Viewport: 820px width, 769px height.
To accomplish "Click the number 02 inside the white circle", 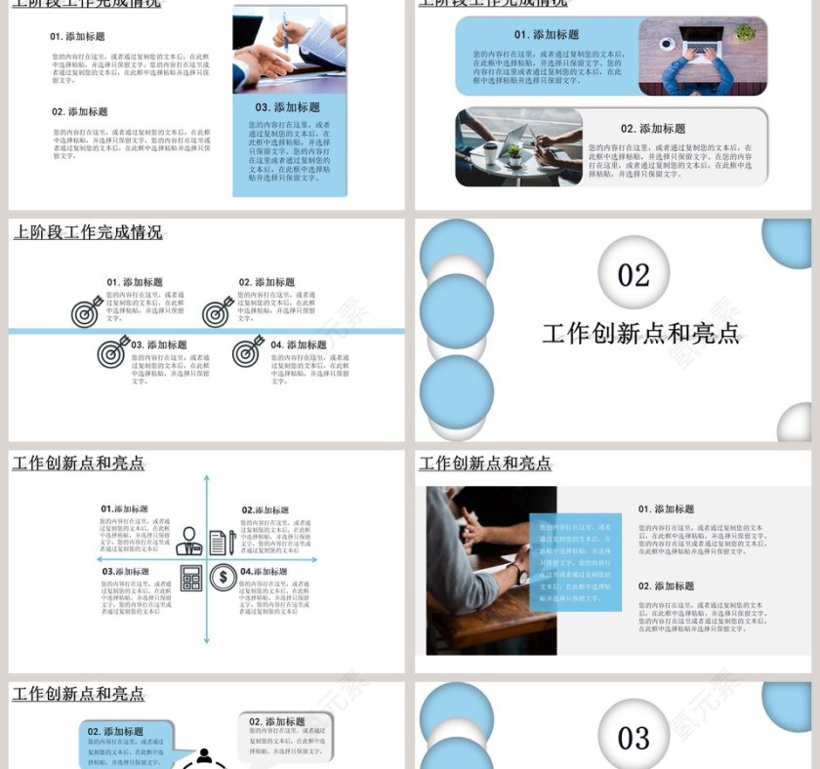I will point(634,274).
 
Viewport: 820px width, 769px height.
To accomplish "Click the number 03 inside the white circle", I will point(634,737).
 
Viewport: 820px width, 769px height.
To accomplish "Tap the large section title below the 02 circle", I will point(640,334).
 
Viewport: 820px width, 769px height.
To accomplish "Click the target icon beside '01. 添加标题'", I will point(88,311).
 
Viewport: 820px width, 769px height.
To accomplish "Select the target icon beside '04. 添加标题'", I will point(249,351).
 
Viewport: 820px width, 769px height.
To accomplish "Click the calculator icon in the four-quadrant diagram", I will point(191,579).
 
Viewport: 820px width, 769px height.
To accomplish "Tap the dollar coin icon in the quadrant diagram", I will point(224,579).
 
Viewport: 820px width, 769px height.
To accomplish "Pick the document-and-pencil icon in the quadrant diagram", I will point(223,543).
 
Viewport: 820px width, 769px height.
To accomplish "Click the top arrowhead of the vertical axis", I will point(207,479).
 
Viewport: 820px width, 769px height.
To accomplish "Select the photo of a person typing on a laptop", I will point(702,57).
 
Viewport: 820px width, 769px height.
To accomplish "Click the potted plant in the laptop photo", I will point(746,33).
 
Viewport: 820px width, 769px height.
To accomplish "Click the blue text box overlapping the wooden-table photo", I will point(576,562).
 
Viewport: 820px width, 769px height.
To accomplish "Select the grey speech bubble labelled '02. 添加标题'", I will point(285,737).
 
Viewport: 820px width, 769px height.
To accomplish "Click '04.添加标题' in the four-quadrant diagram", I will point(264,572).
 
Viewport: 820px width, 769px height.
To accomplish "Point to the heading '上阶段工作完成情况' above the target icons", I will point(88,232).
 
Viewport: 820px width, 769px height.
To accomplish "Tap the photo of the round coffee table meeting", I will point(518,147).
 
